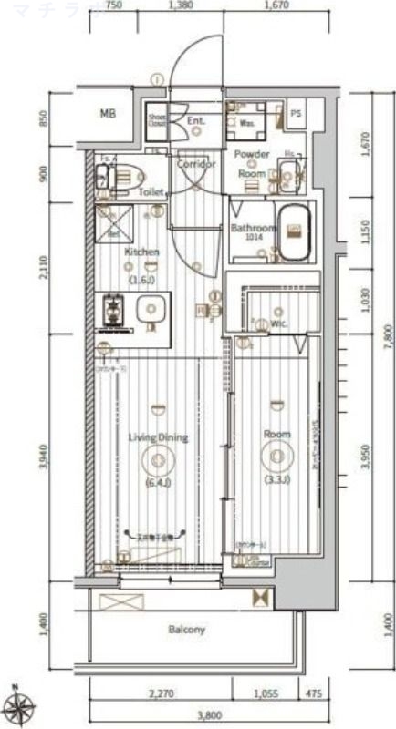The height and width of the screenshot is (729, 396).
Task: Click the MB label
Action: click(x=109, y=114)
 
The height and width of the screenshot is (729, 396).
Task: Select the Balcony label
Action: click(x=186, y=629)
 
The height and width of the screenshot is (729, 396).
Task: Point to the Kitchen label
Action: click(x=142, y=252)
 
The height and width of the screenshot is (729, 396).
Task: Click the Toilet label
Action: click(x=151, y=192)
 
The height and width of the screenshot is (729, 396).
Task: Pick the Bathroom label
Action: click(x=252, y=228)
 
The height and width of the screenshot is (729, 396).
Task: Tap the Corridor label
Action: click(x=195, y=164)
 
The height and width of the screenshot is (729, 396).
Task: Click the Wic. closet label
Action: click(x=279, y=323)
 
